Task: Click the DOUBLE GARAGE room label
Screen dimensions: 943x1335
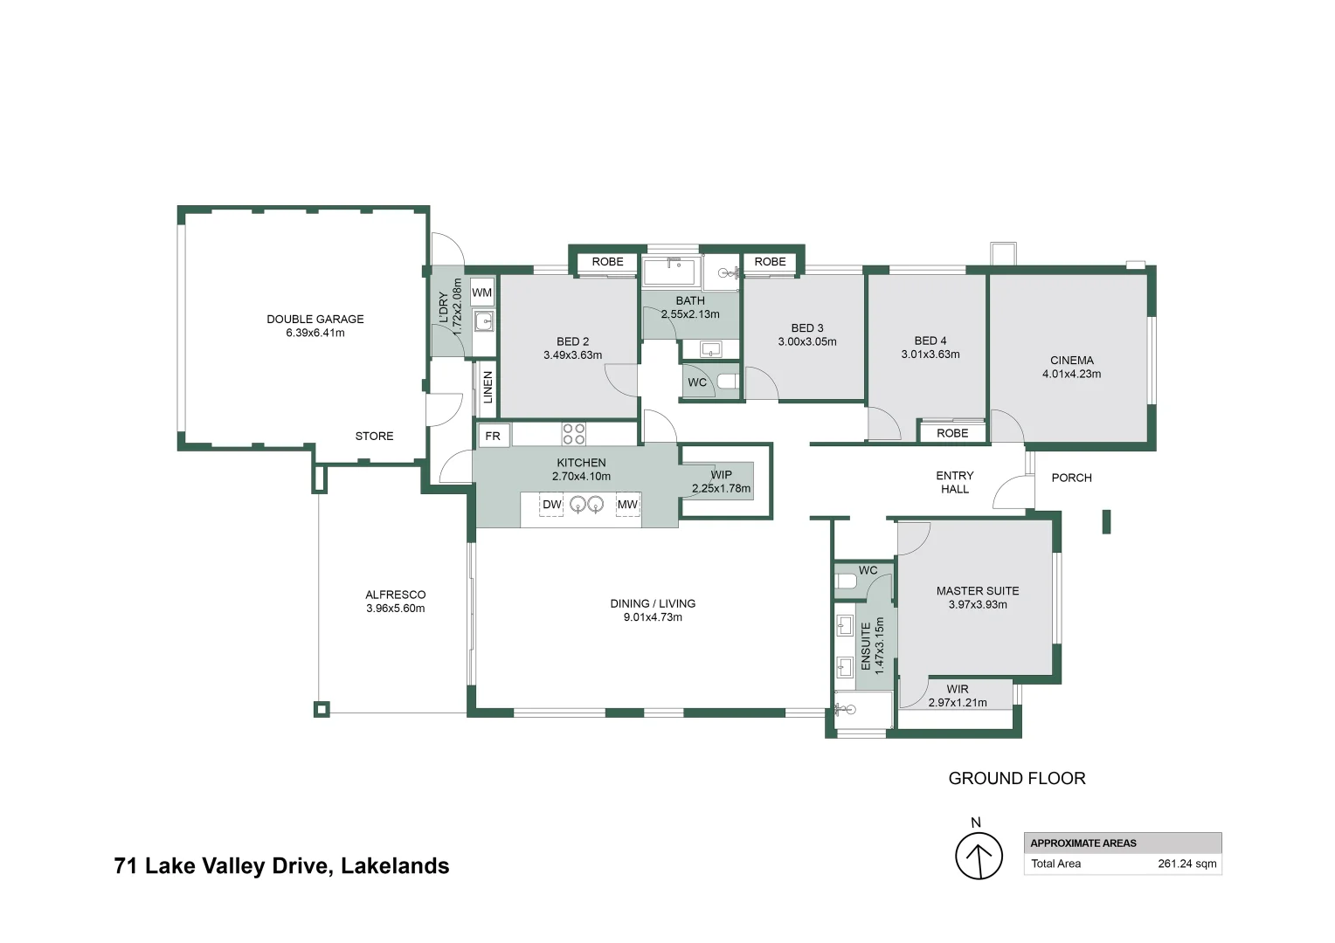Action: coord(315,320)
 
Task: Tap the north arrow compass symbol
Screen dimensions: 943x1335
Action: coord(978,856)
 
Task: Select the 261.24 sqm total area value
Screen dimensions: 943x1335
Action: coord(1186,864)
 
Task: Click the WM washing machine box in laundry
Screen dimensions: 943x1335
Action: coord(481,293)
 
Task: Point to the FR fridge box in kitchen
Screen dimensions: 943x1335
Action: coord(493,436)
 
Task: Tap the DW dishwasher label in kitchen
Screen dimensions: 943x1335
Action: coord(551,505)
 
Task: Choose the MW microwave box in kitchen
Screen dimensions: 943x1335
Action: coord(627,505)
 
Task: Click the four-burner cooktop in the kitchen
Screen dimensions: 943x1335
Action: coord(573,434)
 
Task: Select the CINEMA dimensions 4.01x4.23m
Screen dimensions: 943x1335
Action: coord(1071,374)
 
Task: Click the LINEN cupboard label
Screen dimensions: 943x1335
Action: coord(488,387)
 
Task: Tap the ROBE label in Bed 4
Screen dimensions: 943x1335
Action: coord(952,433)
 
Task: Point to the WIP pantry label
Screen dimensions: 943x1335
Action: coord(721,475)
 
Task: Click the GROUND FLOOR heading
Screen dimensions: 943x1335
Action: coord(1016,778)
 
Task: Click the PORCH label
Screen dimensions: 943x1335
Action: coord(1071,478)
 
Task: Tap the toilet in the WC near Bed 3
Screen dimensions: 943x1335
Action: coord(727,382)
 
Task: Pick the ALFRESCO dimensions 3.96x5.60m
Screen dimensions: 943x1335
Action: coord(395,609)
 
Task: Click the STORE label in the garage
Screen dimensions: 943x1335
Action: coord(374,436)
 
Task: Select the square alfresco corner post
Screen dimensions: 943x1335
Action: coord(322,709)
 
